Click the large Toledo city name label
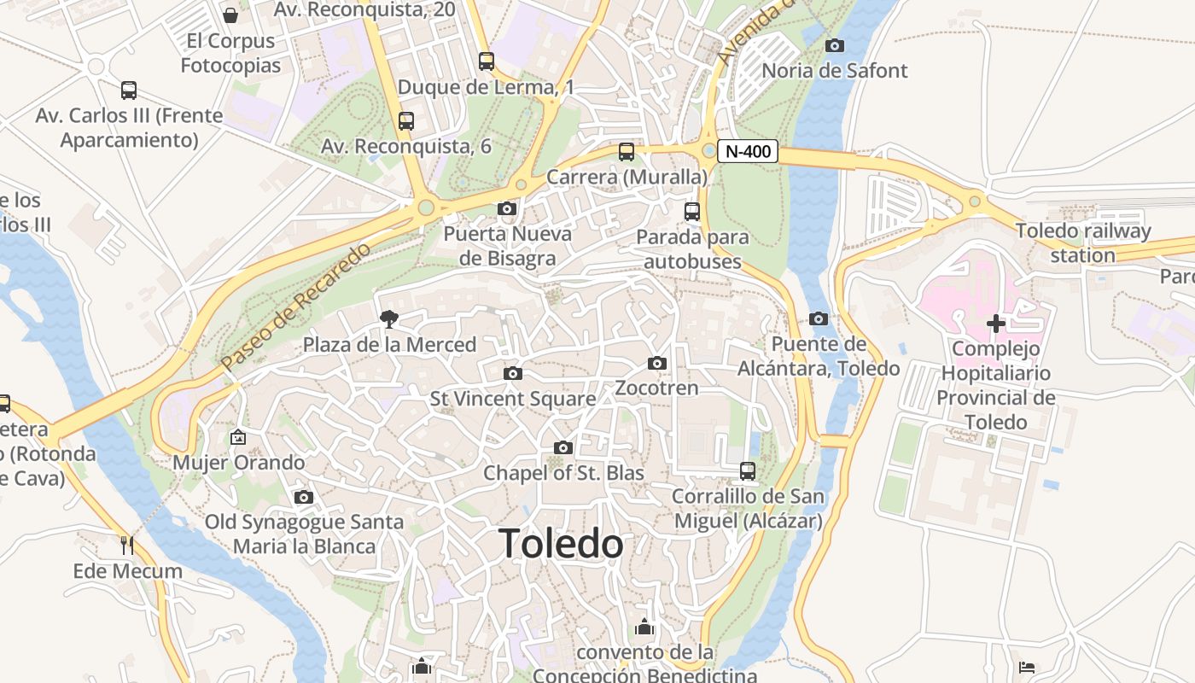[561, 544]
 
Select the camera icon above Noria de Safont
[835, 45]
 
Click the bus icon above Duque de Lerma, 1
[486, 61]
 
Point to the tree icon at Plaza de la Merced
[389, 319]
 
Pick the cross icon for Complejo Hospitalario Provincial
[995, 324]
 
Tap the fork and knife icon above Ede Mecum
[127, 545]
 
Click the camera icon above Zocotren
[656, 363]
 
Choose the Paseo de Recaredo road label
[296, 306]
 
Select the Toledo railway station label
[1082, 242]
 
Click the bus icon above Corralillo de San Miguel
[748, 470]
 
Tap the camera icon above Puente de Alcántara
[818, 318]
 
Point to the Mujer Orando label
[238, 462]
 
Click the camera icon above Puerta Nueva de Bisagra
[507, 208]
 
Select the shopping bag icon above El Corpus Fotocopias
[230, 15]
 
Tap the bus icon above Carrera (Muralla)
[627, 152]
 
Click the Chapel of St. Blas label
[563, 472]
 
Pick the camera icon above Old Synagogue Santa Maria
[303, 497]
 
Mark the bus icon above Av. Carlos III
[129, 90]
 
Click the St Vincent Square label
[512, 398]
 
